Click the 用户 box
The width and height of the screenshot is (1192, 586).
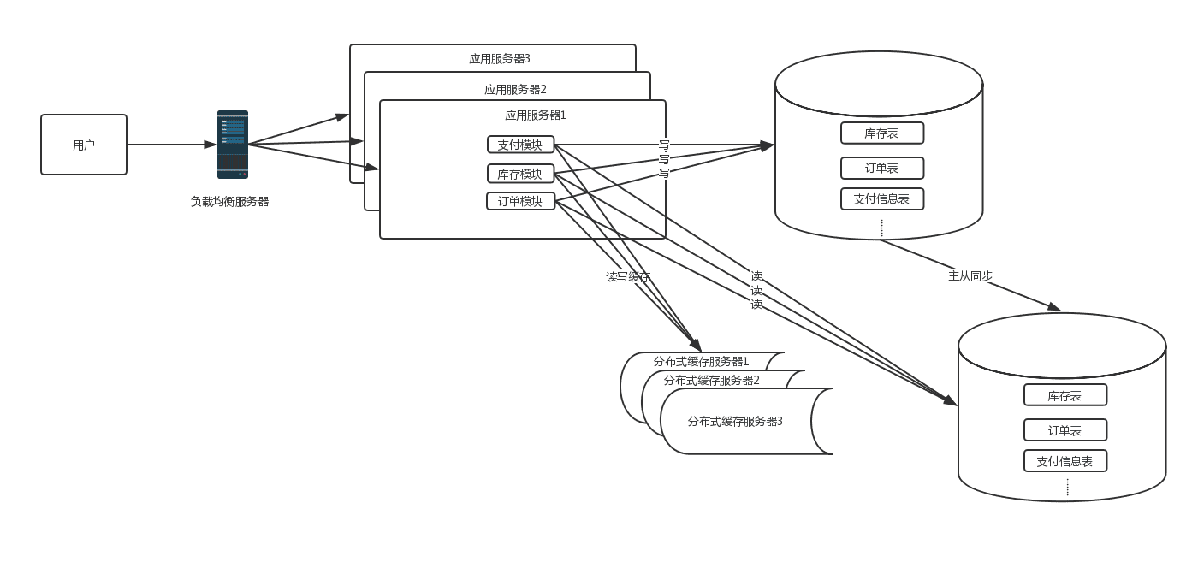(x=84, y=145)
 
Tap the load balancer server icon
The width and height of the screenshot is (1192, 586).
(x=232, y=144)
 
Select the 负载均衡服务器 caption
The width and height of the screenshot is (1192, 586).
(x=229, y=202)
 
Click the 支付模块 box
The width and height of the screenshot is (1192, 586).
(x=520, y=145)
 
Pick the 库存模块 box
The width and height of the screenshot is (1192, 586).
(x=520, y=174)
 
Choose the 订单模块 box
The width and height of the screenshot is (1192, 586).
(x=520, y=201)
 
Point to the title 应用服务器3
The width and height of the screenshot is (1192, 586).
(x=499, y=59)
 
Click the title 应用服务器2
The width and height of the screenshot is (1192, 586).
(x=515, y=89)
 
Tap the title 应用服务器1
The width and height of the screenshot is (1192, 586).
(x=536, y=115)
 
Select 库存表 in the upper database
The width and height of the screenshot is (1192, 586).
(x=881, y=133)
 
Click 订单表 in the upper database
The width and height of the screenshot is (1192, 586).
(x=881, y=169)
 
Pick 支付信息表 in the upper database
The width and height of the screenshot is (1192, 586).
(x=881, y=199)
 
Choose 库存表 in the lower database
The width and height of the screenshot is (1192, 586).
(x=1064, y=395)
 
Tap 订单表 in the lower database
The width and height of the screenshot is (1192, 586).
(x=1064, y=430)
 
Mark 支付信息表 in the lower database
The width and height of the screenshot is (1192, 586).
(x=1064, y=461)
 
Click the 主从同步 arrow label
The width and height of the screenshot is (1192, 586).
(x=970, y=275)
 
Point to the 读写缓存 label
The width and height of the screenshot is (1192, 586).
(x=628, y=276)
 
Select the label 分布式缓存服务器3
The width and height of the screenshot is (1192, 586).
(x=735, y=421)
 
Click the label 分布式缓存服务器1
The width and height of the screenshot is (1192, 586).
(x=701, y=361)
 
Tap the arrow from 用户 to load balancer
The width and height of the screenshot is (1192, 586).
(x=171, y=145)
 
